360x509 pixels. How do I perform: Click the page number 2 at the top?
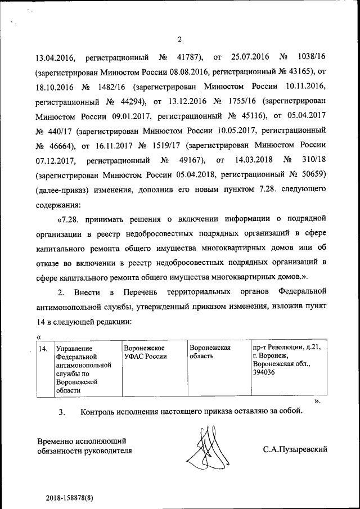(x=179, y=39)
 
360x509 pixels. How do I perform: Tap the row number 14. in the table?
(x=42, y=348)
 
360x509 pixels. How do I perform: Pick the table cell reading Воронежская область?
(x=210, y=352)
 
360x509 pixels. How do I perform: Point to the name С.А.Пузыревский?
(x=295, y=449)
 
